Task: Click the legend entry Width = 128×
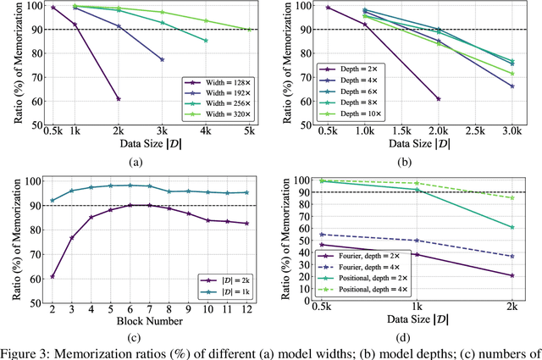tap(219, 82)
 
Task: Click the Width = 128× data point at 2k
tap(119, 99)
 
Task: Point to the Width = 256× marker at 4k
tap(206, 40)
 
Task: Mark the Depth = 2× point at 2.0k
tap(438, 99)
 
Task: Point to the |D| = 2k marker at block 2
tap(53, 276)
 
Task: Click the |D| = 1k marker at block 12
tap(247, 192)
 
